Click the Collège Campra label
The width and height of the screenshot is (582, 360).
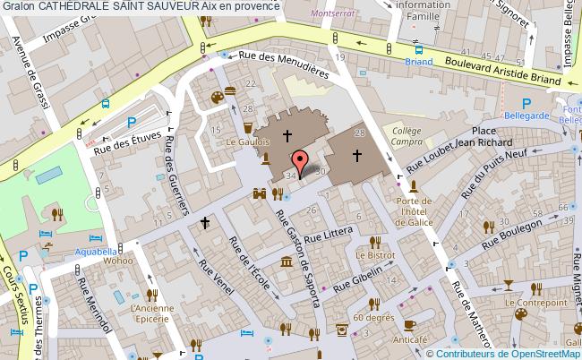pos(407,136)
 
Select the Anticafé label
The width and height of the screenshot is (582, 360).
pos(408,339)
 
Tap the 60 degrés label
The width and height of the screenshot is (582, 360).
pos(373,318)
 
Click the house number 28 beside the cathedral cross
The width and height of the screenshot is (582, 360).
pos(360,133)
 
